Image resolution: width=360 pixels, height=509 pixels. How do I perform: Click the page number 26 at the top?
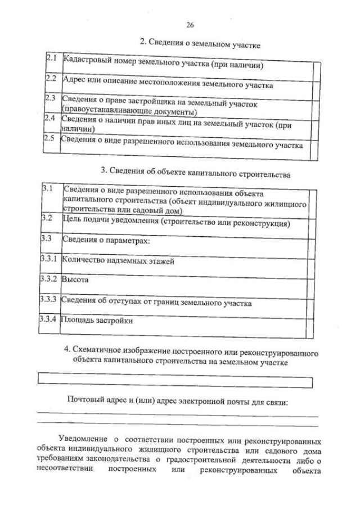[188, 24]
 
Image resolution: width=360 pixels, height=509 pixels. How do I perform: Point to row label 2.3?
[51, 98]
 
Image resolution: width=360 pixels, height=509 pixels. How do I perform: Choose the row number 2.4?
[50, 118]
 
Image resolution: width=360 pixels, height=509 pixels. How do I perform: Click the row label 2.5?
[50, 139]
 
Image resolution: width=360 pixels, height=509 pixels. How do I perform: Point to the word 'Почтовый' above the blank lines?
[84, 401]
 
